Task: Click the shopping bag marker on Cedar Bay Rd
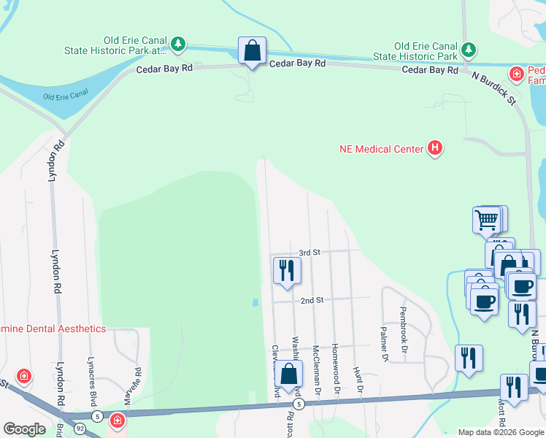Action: point(252,52)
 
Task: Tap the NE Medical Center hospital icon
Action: point(435,149)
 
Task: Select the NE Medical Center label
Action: point(381,149)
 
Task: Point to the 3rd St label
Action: point(310,253)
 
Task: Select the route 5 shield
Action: point(298,404)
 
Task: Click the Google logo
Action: point(24,429)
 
